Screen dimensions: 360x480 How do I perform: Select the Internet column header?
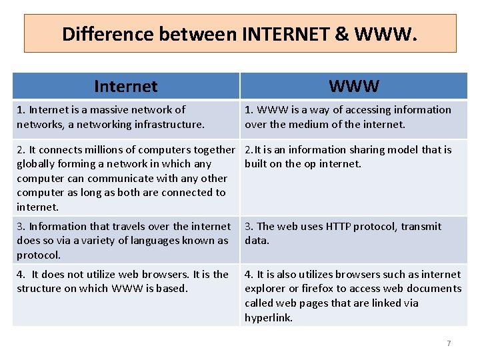[126, 86]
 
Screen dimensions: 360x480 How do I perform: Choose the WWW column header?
[354, 86]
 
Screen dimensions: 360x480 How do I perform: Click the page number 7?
[449, 343]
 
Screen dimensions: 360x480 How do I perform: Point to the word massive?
[111, 109]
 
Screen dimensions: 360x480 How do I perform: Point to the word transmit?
[421, 226]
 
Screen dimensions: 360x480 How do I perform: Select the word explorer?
[264, 288]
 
